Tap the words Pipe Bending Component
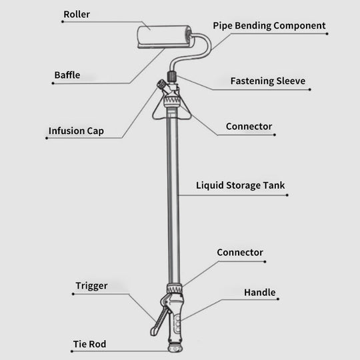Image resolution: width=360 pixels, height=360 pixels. click(x=269, y=26)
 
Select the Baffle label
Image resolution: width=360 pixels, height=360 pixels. click(x=67, y=75)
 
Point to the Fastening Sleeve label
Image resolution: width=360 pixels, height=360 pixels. click(x=267, y=81)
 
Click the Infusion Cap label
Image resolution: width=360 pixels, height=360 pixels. click(x=75, y=131)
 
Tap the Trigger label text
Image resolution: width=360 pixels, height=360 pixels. click(x=91, y=286)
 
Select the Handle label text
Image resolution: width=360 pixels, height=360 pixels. click(x=259, y=293)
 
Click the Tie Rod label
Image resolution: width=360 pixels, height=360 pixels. click(x=89, y=345)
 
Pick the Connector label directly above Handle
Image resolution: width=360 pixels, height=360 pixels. click(x=240, y=253)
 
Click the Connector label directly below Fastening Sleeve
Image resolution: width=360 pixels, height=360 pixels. click(x=249, y=126)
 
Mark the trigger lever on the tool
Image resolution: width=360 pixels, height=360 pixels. click(x=157, y=320)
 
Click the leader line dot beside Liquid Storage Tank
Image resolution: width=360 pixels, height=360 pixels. click(x=287, y=195)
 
